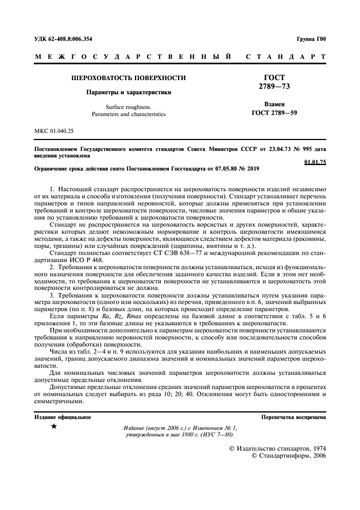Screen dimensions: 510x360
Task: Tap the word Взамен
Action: point(274,105)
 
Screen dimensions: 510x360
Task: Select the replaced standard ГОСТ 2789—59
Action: point(274,114)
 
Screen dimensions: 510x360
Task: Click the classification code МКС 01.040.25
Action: point(54,131)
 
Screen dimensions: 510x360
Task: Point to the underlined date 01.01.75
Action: point(314,162)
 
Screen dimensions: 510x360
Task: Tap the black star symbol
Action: point(53,427)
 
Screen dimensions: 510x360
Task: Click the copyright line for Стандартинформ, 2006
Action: point(288,456)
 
